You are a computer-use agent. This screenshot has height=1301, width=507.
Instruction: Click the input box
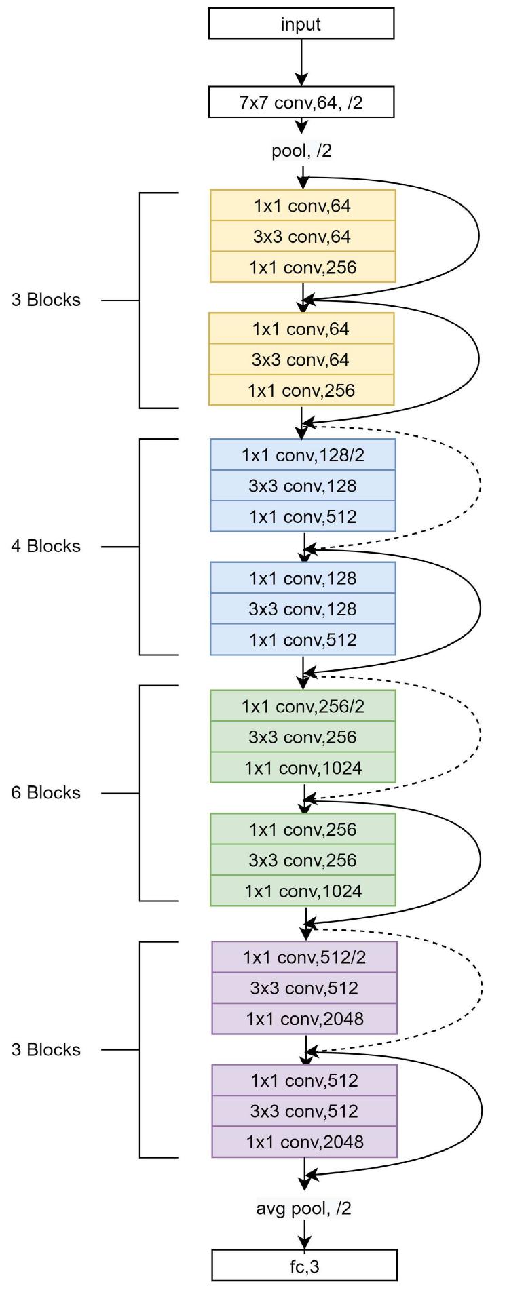(301, 24)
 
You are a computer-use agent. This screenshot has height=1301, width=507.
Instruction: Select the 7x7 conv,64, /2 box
(301, 103)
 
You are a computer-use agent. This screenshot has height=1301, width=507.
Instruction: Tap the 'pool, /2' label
(302, 151)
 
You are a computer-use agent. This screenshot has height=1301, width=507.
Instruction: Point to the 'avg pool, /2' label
(304, 1207)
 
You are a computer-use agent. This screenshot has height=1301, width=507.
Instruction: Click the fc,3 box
(304, 1266)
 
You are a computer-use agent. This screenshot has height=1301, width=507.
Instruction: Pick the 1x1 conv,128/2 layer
(303, 455)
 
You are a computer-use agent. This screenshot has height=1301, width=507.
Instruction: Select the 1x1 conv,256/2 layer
(303, 706)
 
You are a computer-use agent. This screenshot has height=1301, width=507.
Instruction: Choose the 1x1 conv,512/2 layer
(304, 957)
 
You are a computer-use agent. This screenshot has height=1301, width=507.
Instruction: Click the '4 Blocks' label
(45, 546)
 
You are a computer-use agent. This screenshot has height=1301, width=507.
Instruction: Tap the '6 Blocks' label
(45, 792)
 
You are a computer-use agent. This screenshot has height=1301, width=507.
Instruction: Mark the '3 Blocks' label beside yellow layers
(45, 300)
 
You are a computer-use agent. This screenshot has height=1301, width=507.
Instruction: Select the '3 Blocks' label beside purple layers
(45, 1049)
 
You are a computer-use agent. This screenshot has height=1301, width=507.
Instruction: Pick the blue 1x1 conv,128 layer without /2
(303, 578)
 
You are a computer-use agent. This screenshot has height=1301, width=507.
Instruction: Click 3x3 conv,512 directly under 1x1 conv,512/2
(304, 988)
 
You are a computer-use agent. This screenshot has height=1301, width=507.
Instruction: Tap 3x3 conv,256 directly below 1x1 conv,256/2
(303, 737)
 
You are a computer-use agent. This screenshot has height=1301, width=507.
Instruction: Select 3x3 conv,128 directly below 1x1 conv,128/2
(303, 486)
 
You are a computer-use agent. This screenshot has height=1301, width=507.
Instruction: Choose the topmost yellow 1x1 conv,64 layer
(303, 206)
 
